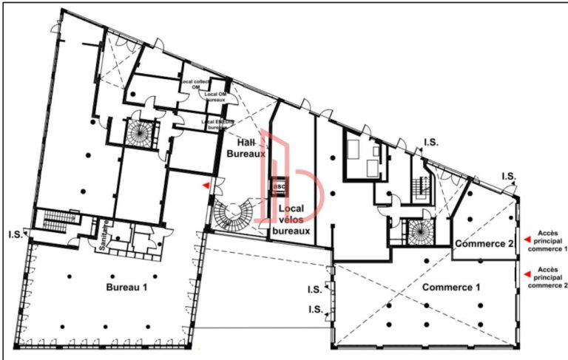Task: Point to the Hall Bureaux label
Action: click(246, 147)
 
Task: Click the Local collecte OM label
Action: click(197, 84)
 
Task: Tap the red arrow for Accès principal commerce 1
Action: click(527, 239)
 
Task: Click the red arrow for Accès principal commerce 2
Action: click(527, 274)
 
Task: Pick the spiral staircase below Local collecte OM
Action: click(139, 133)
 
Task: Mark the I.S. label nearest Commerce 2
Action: click(508, 176)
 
